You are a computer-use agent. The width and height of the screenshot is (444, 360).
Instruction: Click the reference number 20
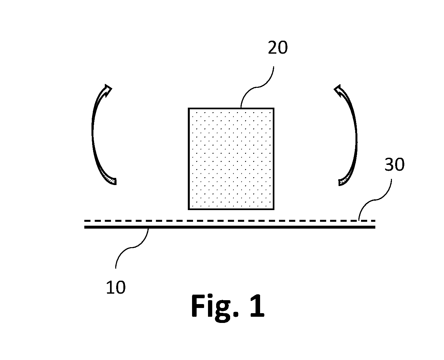pyautogui.click(x=277, y=47)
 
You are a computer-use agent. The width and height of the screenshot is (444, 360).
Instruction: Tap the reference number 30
pyautogui.click(x=394, y=164)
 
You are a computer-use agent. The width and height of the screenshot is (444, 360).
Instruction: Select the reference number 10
pyautogui.click(x=116, y=287)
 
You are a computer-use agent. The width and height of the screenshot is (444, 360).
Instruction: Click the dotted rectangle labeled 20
pyautogui.click(x=231, y=159)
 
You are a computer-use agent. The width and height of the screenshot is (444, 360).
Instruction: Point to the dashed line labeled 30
pyautogui.click(x=230, y=220)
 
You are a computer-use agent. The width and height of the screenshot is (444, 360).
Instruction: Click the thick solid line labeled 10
pyautogui.click(x=230, y=227)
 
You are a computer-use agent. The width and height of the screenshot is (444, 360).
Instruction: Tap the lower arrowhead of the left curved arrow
pyautogui.click(x=112, y=180)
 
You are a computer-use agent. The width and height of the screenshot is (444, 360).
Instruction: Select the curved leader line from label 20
pyautogui.click(x=257, y=87)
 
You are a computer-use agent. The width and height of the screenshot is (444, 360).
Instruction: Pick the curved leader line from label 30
pyautogui.click(x=375, y=200)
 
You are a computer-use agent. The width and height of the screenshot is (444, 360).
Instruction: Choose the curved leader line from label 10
pyautogui.click(x=132, y=247)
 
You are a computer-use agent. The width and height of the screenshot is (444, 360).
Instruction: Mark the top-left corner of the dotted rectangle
pyautogui.click(x=188, y=108)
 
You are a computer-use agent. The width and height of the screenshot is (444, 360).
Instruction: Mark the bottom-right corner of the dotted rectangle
pyautogui.click(x=274, y=209)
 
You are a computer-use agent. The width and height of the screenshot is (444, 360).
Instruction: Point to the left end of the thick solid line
pyautogui.click(x=84, y=227)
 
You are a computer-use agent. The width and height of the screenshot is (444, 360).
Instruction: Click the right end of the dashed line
pyautogui.click(x=375, y=220)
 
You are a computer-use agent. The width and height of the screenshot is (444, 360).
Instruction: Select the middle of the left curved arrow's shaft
pyautogui.click(x=92, y=133)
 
